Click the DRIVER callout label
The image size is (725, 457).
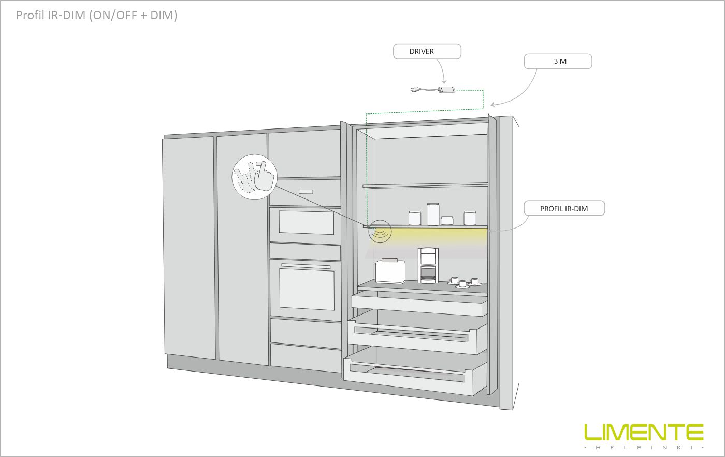tap(427, 51)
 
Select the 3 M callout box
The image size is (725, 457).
tap(558, 61)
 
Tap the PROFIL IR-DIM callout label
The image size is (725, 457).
tap(564, 208)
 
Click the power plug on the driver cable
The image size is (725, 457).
tap(416, 89)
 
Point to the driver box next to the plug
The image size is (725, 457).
tap(446, 90)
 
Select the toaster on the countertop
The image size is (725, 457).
tap(390, 271)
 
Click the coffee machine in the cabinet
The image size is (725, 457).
tap(428, 265)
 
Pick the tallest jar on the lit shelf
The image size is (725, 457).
tap(433, 214)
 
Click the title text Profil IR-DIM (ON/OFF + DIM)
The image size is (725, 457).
tap(96, 15)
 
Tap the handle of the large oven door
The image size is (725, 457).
tap(306, 266)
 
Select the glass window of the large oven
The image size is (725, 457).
tap(307, 289)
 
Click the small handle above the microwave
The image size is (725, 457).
tap(306, 192)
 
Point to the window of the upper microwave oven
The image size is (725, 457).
tap(307, 222)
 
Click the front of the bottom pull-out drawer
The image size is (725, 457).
tap(408, 376)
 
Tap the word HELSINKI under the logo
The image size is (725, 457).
tap(644, 447)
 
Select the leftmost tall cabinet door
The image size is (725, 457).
tap(189, 248)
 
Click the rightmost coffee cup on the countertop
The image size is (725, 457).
tap(474, 282)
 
